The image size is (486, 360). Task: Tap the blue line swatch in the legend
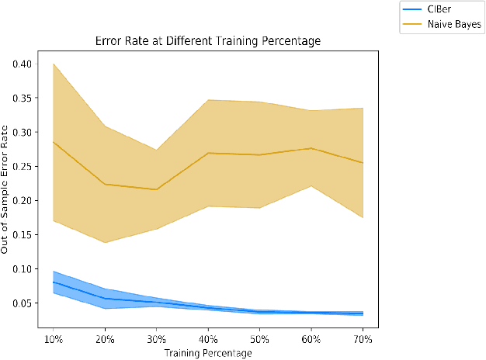(x=411, y=10)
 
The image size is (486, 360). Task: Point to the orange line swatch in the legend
(x=411, y=25)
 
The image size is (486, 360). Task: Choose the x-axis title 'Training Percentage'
(x=207, y=354)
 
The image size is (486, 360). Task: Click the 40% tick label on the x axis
(x=208, y=341)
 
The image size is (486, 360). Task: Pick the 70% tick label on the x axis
(x=363, y=341)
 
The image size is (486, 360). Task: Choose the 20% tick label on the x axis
(x=105, y=341)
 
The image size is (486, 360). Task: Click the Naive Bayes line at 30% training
(x=156, y=189)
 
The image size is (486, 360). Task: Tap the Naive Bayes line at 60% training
(x=311, y=148)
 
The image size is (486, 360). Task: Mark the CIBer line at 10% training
(x=54, y=282)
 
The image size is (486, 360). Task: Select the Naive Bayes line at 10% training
(x=54, y=142)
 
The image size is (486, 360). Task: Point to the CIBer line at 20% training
(x=105, y=299)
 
